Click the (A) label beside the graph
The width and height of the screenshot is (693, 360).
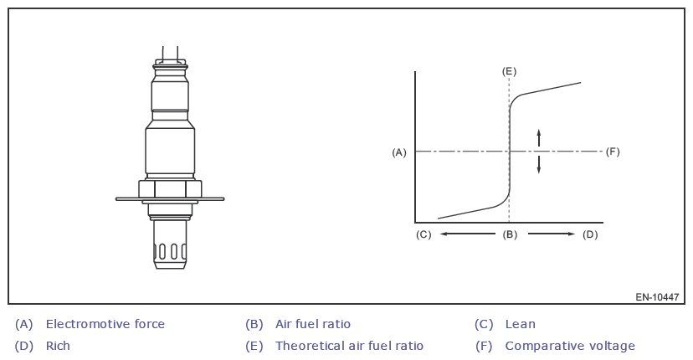[399, 152]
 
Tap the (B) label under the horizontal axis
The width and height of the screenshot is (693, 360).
[510, 234]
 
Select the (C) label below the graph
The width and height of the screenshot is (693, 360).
[423, 234]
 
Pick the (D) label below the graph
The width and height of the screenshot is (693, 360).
[590, 234]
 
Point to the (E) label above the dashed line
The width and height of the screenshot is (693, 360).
[509, 71]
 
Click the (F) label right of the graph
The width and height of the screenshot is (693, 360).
[613, 152]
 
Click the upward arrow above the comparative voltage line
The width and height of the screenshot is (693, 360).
[539, 138]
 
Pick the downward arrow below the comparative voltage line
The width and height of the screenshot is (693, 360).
[539, 165]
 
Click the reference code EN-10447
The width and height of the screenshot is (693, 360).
[657, 297]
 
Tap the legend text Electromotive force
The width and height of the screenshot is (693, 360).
[105, 324]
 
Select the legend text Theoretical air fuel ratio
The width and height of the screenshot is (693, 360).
[349, 346]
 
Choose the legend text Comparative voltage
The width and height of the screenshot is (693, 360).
[570, 346]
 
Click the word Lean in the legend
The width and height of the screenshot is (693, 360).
[520, 324]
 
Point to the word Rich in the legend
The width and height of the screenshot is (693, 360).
[58, 346]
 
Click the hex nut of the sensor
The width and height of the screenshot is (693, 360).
[170, 188]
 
